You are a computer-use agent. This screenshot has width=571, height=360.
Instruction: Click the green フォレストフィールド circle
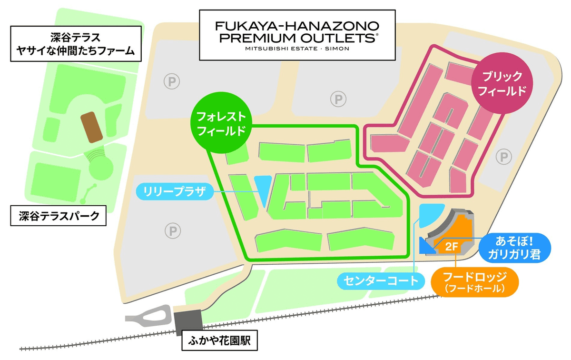[219, 124]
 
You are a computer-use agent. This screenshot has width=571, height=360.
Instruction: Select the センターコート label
[380, 281]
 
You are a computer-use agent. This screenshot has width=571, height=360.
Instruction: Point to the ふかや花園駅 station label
[219, 341]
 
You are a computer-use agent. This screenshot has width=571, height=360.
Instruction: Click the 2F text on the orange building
[452, 247]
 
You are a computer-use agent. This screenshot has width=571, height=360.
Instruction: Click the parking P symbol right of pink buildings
[502, 156]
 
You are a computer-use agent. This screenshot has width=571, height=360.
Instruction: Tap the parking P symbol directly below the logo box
[338, 100]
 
